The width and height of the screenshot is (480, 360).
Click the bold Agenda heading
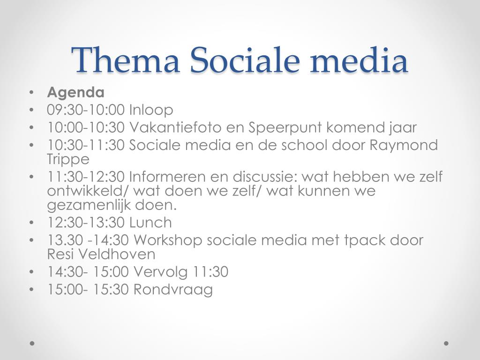coord(75,93)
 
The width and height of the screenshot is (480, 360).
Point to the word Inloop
coord(151,110)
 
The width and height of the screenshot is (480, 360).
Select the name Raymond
coord(404,145)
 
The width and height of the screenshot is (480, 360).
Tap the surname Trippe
coord(68,159)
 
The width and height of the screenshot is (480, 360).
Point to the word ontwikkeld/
coord(88,191)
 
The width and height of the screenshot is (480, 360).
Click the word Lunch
coord(150,223)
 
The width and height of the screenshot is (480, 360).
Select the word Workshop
coord(168,240)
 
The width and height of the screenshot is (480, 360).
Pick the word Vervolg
coord(160,272)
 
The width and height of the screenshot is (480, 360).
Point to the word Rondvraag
coord(173,290)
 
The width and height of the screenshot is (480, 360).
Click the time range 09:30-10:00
coord(86,110)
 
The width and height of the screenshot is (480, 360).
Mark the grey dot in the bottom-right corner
coord(446,343)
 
